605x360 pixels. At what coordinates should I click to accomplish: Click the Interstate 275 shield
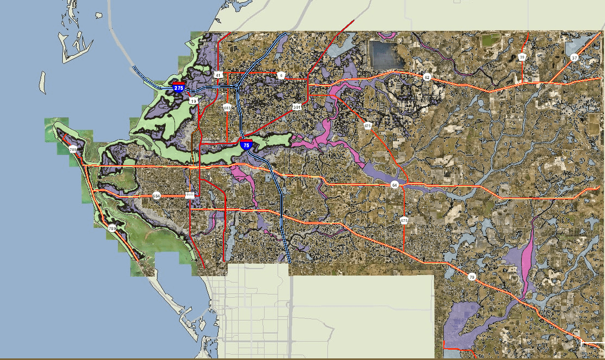[x=178, y=87]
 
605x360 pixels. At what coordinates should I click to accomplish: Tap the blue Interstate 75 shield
[x=246, y=145]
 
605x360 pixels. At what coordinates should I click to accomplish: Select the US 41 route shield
[x=218, y=75]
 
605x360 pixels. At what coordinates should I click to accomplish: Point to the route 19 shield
[x=194, y=101]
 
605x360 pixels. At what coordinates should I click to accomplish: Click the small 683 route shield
[x=227, y=108]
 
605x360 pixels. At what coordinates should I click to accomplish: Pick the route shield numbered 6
[x=281, y=76]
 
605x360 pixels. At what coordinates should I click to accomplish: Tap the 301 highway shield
[x=297, y=107]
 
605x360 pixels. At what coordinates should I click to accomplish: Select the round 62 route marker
[x=426, y=77]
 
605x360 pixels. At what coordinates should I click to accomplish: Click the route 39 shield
[x=522, y=57]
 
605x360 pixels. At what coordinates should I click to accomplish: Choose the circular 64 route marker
[x=394, y=185]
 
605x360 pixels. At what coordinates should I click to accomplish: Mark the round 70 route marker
[x=471, y=277]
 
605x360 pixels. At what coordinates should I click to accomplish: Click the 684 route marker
[x=156, y=195]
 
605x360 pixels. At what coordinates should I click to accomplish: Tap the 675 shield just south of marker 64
[x=404, y=220]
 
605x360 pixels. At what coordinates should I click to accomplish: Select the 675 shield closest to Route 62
[x=368, y=126]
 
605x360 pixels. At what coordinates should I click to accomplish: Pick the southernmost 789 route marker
[x=112, y=228]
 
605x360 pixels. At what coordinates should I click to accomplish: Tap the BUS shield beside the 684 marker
[x=190, y=195]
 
